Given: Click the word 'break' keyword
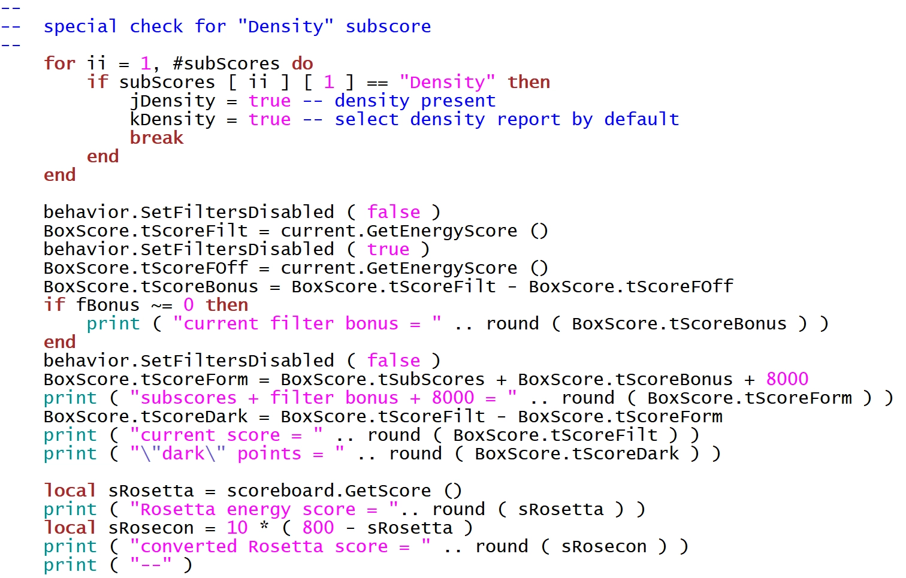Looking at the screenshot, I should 156,138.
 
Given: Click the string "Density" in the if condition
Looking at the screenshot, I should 447,82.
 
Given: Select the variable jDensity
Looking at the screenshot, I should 173,101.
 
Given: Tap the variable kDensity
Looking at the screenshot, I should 173,119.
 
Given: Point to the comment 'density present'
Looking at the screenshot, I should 415,101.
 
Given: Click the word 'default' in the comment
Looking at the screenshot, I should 641,119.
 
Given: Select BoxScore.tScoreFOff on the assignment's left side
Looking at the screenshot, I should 146,268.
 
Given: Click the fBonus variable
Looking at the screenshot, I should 107,305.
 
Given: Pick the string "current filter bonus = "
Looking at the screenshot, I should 307,323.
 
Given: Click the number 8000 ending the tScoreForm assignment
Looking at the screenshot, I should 787,379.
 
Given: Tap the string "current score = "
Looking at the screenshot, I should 226,435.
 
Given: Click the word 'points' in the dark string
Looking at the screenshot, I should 269,453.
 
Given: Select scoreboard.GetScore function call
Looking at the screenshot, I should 328,491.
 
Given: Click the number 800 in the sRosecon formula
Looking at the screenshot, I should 318,528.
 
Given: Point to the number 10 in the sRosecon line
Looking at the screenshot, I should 237,528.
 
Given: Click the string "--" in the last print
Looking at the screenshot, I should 151,565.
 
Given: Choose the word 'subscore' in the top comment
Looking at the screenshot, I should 388,26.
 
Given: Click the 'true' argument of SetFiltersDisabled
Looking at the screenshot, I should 388,249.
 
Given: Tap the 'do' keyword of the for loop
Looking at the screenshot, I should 302,63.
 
